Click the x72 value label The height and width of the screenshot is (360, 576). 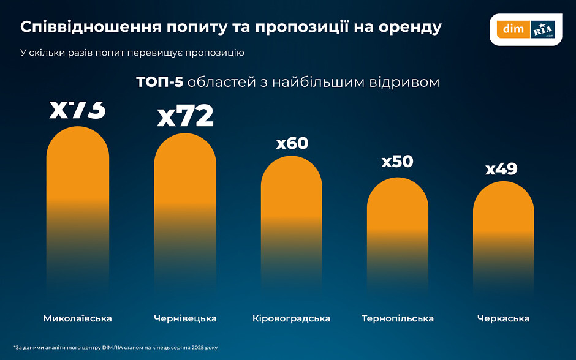[x=185, y=116]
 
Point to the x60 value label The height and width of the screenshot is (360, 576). [x=292, y=143]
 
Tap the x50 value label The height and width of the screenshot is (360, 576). [x=397, y=162]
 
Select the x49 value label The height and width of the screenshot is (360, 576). [x=501, y=169]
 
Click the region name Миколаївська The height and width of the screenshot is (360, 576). [x=78, y=318]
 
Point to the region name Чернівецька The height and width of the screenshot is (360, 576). [x=184, y=318]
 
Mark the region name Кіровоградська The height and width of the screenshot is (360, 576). [x=291, y=318]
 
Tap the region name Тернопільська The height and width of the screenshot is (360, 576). [x=398, y=318]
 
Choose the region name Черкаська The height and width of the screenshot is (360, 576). [x=503, y=318]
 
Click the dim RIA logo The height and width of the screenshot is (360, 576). [x=526, y=29]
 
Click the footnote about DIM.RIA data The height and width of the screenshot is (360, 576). [x=115, y=348]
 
